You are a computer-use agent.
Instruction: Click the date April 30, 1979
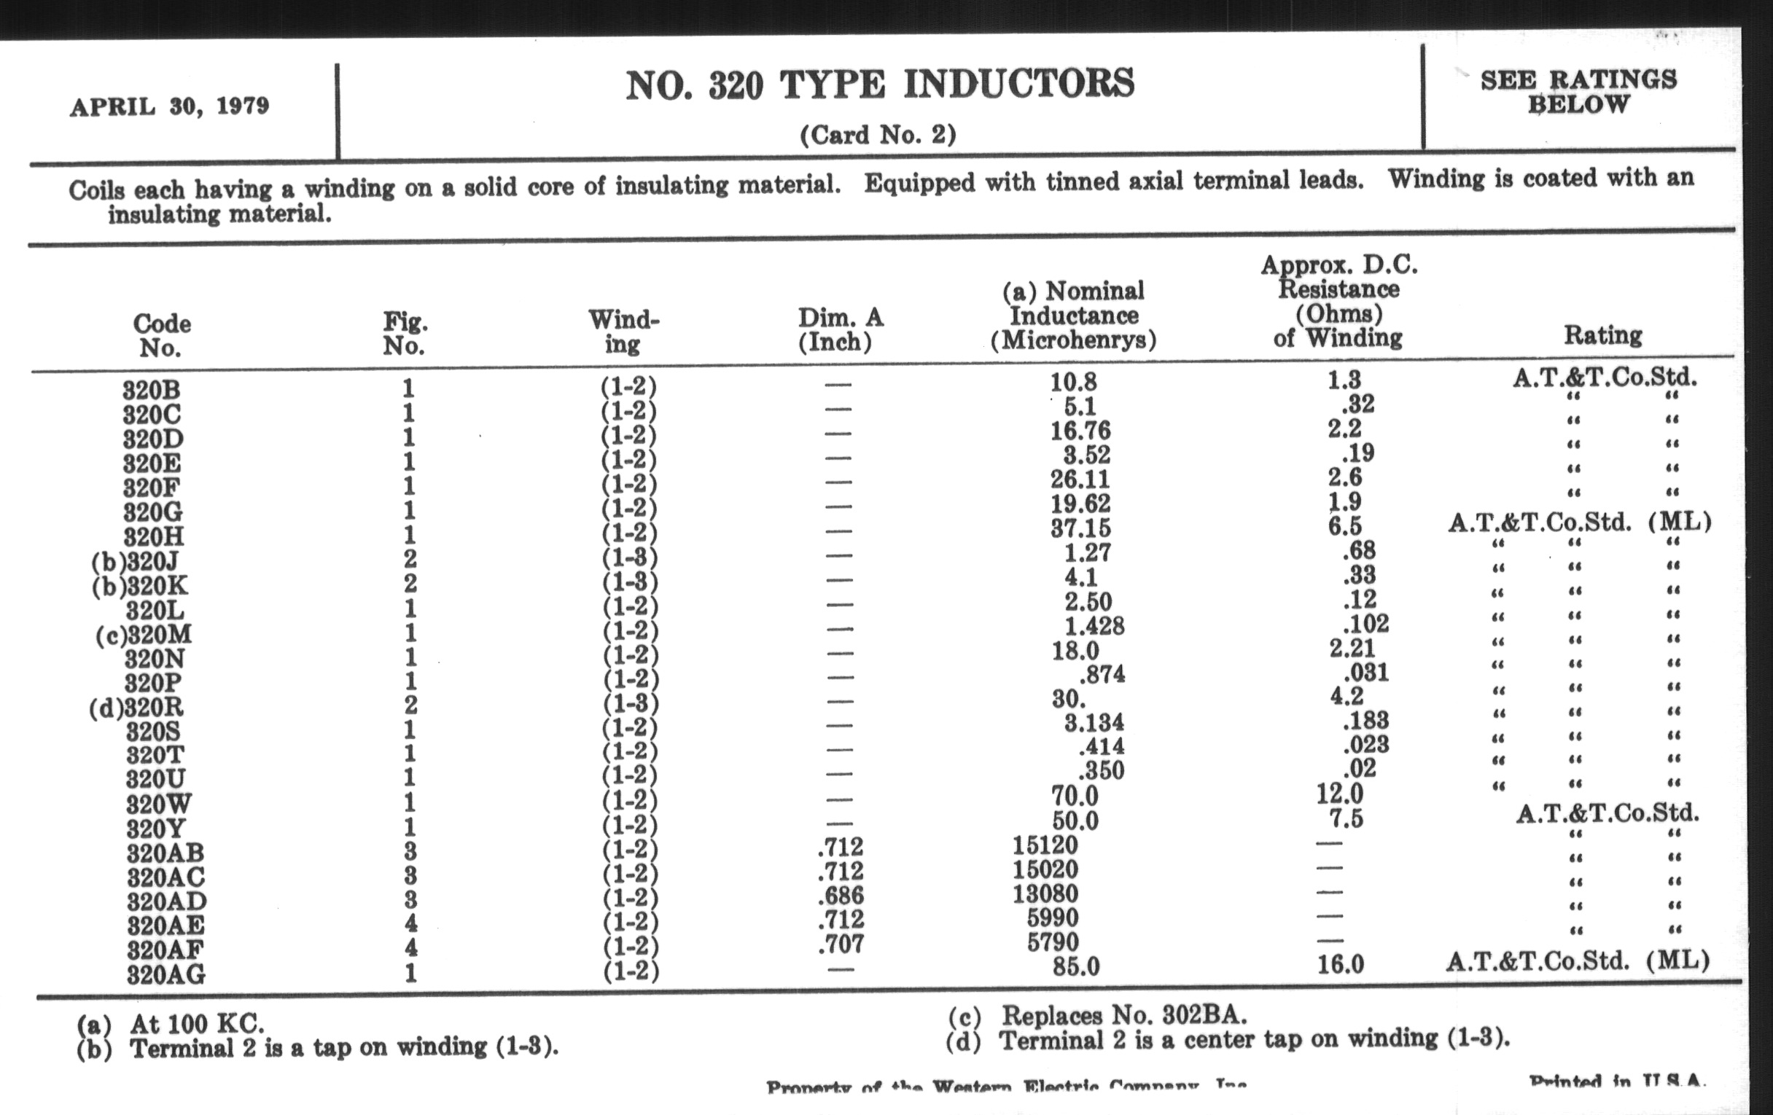169,106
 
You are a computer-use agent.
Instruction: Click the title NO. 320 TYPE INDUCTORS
880,84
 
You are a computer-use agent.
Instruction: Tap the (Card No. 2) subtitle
878,136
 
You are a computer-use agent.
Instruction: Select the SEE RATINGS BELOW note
1578,91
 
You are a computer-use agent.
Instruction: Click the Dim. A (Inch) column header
839,329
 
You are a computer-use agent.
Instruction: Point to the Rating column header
1603,336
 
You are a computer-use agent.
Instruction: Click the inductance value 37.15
1080,528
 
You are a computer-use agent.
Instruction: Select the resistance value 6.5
1344,526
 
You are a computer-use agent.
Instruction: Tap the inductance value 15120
1045,845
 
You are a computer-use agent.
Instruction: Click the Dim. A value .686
840,896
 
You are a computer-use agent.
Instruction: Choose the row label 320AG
165,974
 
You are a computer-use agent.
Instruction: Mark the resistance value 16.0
1340,964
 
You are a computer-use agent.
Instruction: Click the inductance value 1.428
1094,625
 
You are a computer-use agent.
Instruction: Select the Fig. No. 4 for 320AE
410,923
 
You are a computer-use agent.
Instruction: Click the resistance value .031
1365,672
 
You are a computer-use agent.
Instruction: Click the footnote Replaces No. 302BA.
1123,1016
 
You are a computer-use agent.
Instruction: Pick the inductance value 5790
1053,942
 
